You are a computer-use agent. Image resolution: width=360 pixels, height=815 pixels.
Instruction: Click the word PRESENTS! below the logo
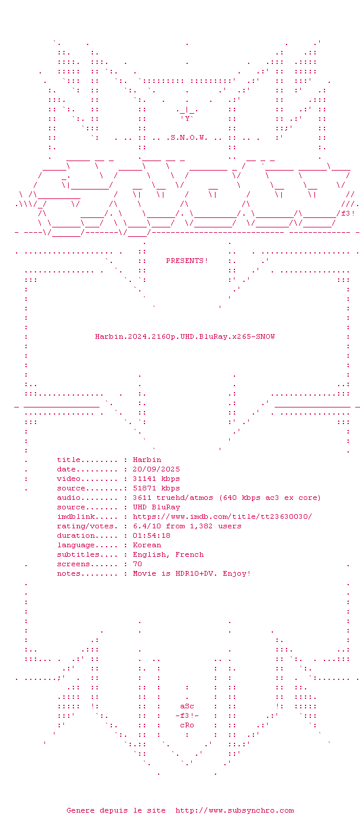tap(187, 261)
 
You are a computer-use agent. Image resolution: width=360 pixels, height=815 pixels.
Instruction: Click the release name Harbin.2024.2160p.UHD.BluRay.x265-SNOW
tap(185, 336)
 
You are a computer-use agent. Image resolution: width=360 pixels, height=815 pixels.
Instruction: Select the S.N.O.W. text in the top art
tap(189, 137)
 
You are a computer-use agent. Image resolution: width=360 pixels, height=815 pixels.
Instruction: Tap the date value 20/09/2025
tap(156, 469)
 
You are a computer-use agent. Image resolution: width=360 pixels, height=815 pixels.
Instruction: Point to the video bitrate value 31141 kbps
tap(156, 479)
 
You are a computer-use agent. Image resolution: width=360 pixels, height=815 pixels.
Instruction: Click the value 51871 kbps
tap(156, 488)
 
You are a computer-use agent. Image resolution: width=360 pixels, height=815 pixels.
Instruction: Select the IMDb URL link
tap(222, 516)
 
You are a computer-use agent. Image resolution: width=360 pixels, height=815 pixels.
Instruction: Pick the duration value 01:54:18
tap(152, 535)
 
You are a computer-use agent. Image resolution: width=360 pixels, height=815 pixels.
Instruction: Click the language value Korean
tap(147, 545)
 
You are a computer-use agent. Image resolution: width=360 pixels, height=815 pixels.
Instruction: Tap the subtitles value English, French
tap(168, 554)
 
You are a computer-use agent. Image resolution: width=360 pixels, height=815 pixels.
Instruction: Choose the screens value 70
tap(137, 564)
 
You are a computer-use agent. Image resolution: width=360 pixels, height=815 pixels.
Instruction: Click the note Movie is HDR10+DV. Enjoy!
tap(192, 573)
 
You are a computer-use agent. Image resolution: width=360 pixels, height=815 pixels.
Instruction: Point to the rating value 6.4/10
tap(147, 526)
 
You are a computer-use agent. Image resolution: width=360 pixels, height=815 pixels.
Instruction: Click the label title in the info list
tap(69, 460)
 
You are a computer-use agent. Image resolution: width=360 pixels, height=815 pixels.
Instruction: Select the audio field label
tap(69, 498)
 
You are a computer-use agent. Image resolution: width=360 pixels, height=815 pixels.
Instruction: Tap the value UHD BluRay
tap(156, 507)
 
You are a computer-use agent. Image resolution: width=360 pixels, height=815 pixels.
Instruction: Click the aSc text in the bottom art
tap(187, 706)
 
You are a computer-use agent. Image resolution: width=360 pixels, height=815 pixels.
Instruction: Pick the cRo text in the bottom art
tap(187, 725)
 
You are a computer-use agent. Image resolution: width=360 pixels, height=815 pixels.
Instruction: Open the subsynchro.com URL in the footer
tap(234, 810)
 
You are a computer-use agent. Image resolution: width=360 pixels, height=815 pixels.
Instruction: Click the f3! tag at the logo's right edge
tap(348, 213)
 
